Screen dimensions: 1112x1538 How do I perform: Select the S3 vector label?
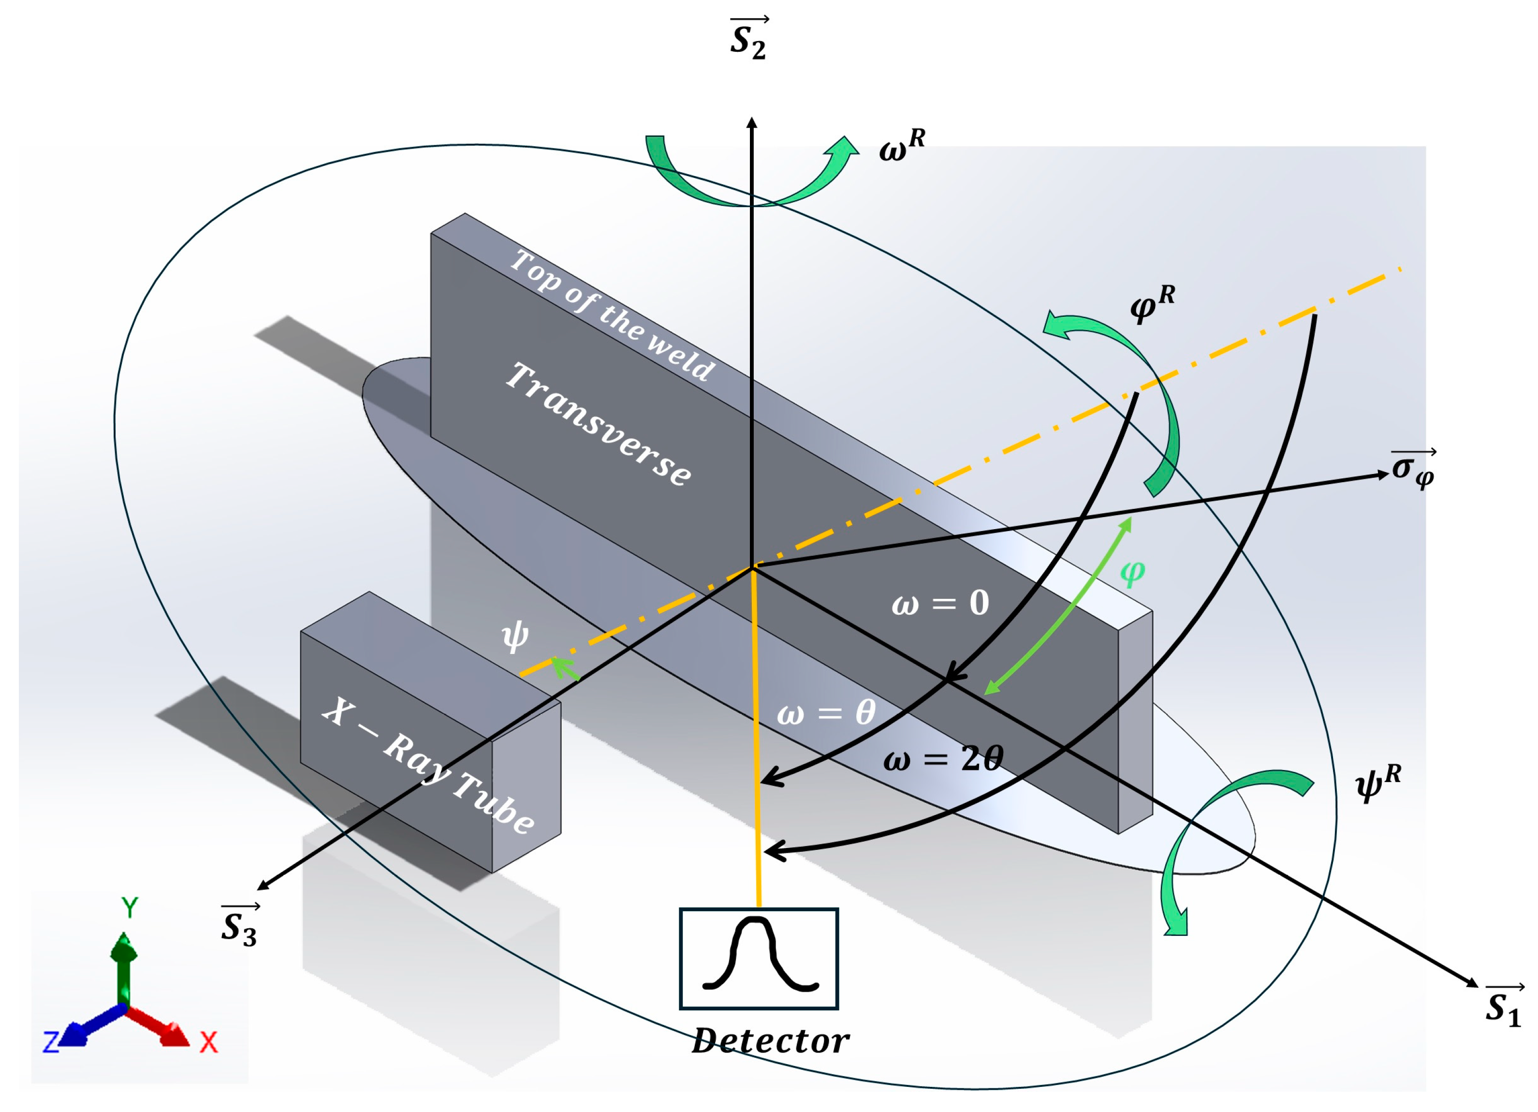coord(239,926)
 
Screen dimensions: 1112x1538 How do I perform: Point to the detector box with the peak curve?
coord(759,958)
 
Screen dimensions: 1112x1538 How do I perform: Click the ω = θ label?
coord(826,713)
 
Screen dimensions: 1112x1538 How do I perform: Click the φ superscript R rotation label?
coord(1152,303)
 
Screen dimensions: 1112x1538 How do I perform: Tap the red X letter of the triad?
coord(209,1041)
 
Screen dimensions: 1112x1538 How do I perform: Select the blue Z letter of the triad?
coord(51,1041)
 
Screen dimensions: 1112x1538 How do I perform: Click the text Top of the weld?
coord(612,315)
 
